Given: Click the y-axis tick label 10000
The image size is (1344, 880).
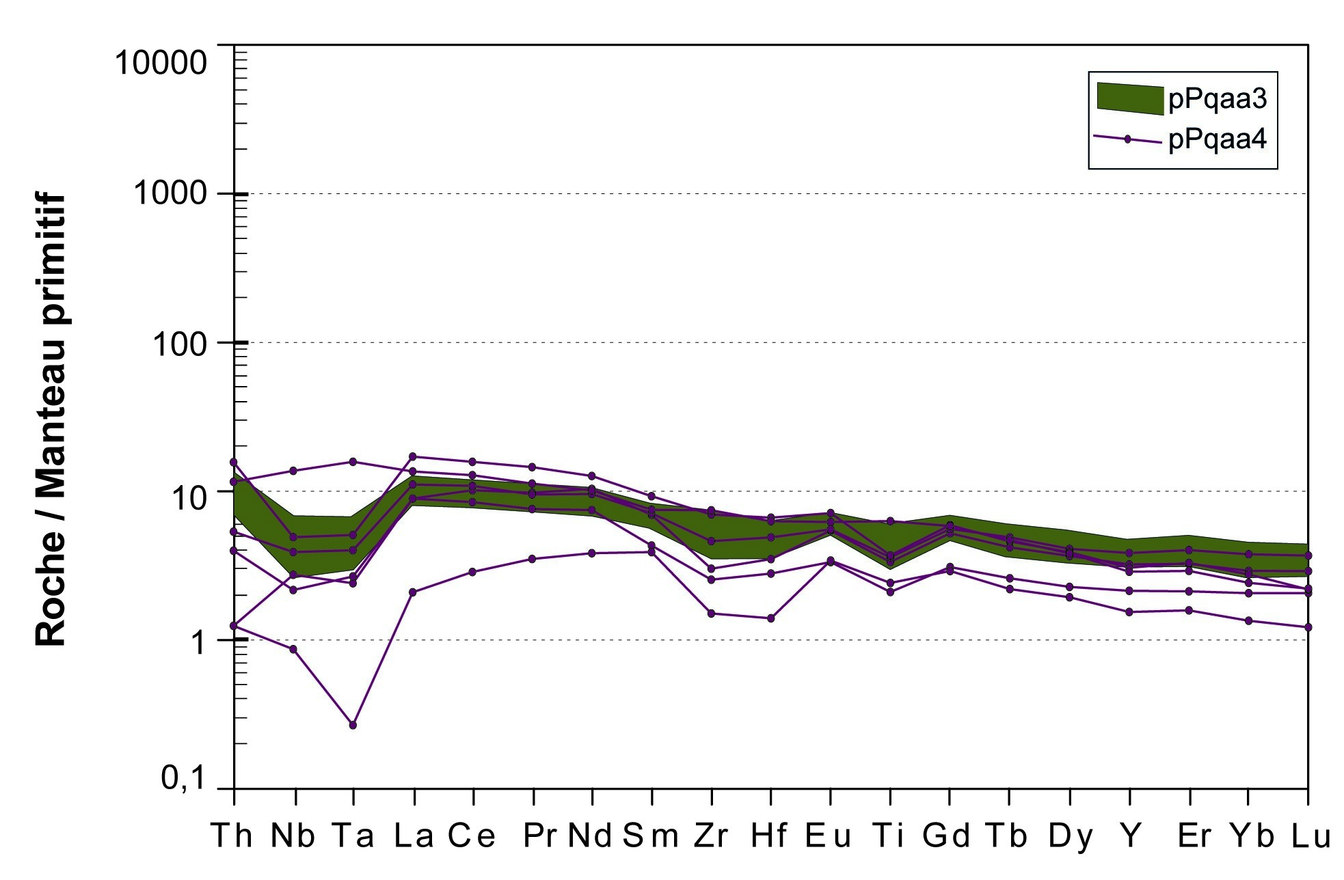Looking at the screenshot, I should click(x=161, y=63).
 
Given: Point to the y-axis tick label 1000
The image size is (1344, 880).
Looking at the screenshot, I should click(x=170, y=193).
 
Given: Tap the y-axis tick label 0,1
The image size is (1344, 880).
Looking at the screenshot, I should click(x=183, y=778).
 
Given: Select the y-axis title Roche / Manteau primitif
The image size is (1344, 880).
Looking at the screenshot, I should click(x=51, y=420).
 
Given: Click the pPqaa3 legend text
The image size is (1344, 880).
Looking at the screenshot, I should click(x=1218, y=99).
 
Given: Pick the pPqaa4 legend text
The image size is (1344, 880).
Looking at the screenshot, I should click(x=1218, y=139).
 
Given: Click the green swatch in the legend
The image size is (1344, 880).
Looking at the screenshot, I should click(x=1129, y=98).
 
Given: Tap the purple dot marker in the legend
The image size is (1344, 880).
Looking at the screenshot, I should click(x=1128, y=139).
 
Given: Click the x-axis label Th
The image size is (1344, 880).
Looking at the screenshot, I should click(x=232, y=836).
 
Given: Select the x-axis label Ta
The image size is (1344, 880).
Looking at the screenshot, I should click(x=353, y=836).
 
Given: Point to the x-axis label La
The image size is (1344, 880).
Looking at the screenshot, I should click(x=414, y=836).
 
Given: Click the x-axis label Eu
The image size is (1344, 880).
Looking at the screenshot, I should click(x=828, y=836).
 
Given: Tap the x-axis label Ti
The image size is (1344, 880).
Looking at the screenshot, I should click(x=889, y=836).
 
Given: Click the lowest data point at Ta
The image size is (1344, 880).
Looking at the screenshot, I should click(x=353, y=725).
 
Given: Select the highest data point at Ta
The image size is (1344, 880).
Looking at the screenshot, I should click(x=353, y=462).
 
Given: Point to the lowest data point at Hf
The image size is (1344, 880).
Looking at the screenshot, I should click(x=771, y=618).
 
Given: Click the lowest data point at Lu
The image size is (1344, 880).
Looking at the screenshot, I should click(x=1308, y=627).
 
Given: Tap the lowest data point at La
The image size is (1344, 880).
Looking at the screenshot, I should click(x=413, y=592).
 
